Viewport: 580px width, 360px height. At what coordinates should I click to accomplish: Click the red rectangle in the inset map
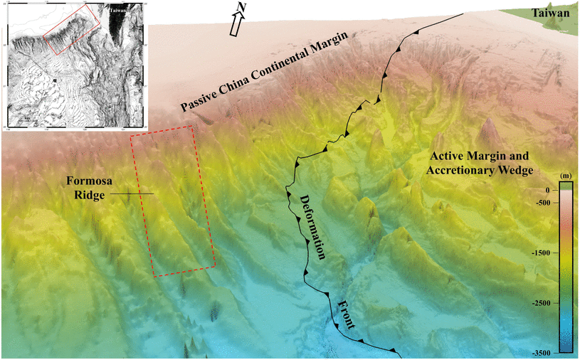pos(70,28)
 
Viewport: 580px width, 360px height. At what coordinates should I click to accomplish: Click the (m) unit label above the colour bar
pos(566,175)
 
